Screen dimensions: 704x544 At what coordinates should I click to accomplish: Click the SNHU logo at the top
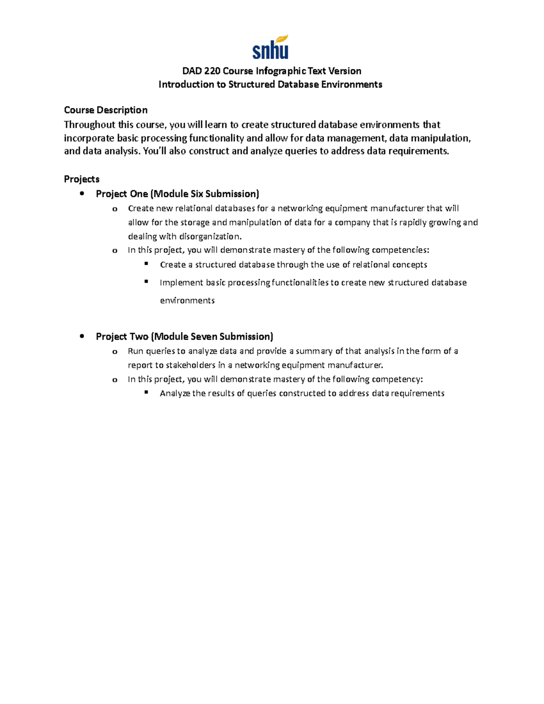270,48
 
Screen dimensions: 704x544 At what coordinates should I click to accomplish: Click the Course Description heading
106,110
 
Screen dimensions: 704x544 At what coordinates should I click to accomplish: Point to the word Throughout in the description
89,125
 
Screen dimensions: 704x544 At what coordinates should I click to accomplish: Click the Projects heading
82,179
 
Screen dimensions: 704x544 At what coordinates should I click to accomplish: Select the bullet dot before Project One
82,194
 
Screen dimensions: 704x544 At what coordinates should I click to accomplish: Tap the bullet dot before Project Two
82,336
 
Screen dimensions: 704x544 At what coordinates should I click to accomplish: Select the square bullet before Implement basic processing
146,282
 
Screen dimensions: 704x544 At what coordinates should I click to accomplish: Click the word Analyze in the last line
175,393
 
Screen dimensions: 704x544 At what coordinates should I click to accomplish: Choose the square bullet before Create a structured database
146,263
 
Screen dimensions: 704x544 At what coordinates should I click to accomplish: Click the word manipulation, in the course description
441,138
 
